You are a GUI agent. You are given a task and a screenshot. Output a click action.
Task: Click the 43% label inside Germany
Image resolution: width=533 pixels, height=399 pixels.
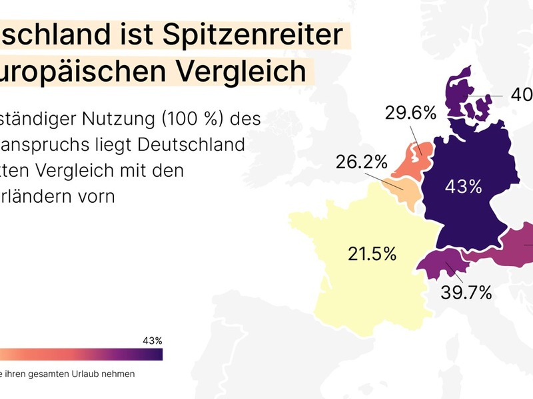464,187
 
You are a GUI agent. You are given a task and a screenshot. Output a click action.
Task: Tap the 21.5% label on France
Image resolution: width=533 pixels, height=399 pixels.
372,253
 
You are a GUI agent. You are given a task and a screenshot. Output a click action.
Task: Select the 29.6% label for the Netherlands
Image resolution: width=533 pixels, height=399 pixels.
410,113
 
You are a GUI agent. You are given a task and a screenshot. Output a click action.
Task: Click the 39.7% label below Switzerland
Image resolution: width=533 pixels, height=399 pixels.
466,292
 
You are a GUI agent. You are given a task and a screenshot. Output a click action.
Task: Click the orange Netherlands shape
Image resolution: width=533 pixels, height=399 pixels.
408,161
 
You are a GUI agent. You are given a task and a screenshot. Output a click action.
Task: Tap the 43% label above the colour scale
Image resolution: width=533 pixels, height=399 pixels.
153,340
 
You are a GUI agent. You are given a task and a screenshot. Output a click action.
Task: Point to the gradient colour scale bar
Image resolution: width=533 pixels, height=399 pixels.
80,355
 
